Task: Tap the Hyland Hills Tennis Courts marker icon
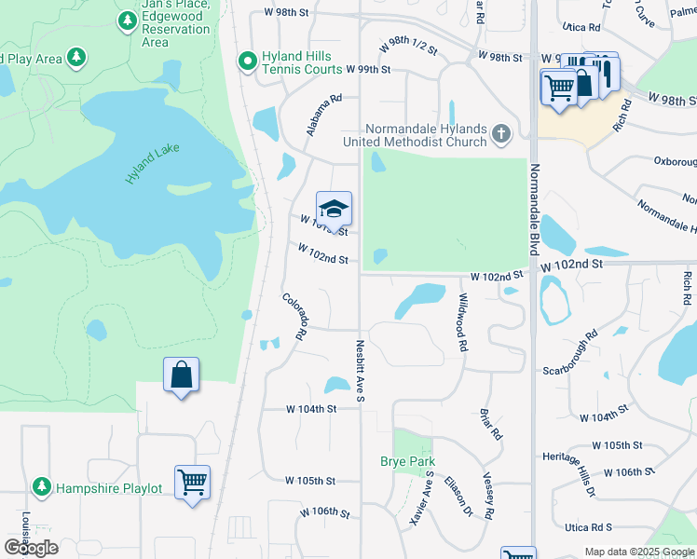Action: click(x=247, y=62)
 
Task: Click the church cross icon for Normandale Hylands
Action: click(x=501, y=134)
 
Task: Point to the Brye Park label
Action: click(x=407, y=461)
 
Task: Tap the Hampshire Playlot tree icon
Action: click(x=41, y=487)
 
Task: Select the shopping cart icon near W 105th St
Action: click(x=192, y=483)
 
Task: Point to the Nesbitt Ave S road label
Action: click(x=360, y=371)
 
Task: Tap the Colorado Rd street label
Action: click(x=295, y=316)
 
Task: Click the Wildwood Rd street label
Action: click(x=461, y=321)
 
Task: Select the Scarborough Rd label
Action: click(x=571, y=351)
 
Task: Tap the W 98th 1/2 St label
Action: click(x=409, y=48)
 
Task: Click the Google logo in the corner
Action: click(x=32, y=548)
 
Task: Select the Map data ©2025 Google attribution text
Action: click(x=639, y=552)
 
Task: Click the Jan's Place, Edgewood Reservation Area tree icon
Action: click(x=127, y=19)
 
